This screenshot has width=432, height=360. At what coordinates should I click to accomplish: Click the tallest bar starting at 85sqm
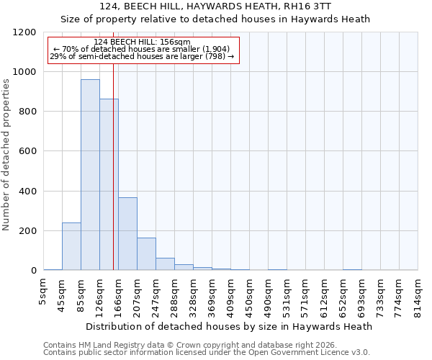pyautogui.click(x=90, y=175)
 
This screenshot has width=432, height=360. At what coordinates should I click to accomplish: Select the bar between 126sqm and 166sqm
pyautogui.click(x=109, y=184)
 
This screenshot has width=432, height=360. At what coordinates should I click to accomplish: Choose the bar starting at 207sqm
pyautogui.click(x=146, y=254)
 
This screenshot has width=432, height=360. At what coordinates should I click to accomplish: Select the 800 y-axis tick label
pyautogui.click(x=26, y=112)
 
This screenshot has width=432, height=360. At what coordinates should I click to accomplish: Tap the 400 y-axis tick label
pyautogui.click(x=26, y=192)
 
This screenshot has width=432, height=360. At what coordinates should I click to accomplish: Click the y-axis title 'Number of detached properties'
pyautogui.click(x=7, y=155)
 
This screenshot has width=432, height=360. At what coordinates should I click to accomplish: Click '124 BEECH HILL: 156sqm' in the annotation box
pyautogui.click(x=142, y=42)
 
